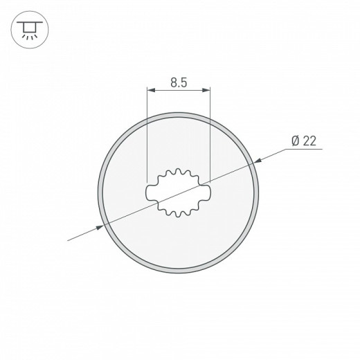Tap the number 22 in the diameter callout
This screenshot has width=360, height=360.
309,141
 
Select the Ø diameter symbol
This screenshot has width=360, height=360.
295,141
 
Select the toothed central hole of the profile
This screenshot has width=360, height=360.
179,192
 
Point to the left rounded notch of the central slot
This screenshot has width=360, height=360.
151,189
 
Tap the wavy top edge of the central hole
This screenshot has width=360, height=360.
179,171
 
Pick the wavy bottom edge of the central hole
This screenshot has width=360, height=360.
179,214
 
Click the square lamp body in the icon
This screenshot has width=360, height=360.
29,27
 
